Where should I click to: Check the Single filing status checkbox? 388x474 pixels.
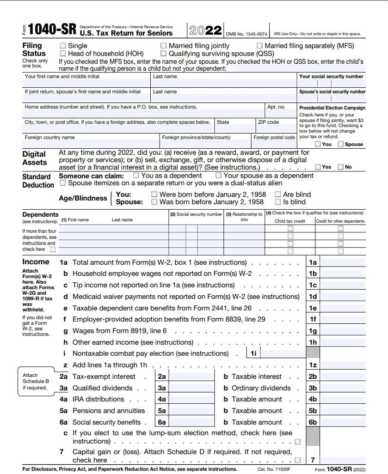point(62,46)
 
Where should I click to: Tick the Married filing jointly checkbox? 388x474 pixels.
point(163,46)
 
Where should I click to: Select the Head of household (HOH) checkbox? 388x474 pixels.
point(62,54)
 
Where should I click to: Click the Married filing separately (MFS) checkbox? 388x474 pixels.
point(259,46)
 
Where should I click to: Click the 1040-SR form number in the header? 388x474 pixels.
point(51,30)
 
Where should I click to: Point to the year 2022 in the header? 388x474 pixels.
point(205,30)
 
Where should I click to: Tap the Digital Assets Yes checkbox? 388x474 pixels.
point(318,167)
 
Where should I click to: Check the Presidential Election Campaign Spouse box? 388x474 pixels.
point(340,144)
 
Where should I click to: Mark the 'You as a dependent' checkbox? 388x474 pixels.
point(136,176)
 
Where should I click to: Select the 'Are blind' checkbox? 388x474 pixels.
point(277,194)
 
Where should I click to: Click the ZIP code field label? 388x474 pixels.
point(268,122)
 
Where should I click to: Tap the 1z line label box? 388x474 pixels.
point(313,365)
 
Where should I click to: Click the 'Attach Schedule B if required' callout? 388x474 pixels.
point(35,382)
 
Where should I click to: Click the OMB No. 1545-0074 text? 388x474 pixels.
point(246,34)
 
